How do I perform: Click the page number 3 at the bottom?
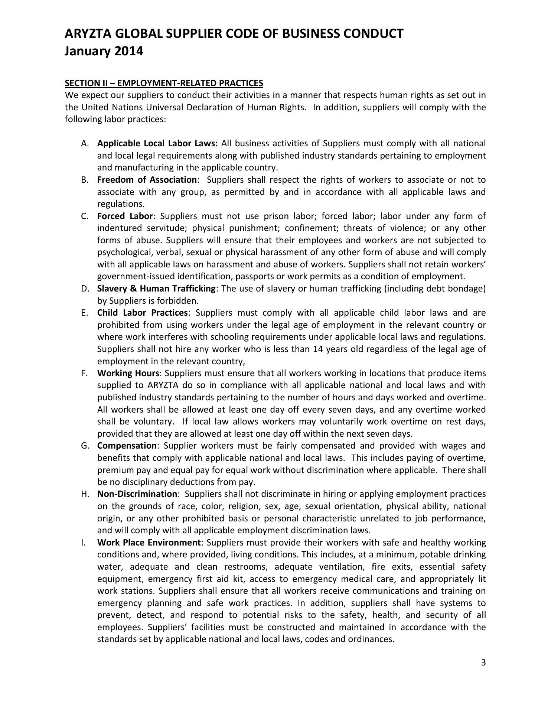pos(483,663)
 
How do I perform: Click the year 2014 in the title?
pos(128,51)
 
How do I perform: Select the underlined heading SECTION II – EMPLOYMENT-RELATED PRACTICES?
pos(164,83)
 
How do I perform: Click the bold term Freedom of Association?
pos(147,180)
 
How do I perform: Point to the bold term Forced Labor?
pos(125,216)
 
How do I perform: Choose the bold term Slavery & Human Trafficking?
pos(156,289)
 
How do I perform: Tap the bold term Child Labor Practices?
pos(142,313)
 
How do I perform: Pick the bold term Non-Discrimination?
pos(137,494)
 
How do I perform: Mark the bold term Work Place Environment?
pos(149,543)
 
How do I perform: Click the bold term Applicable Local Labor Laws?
pos(157,143)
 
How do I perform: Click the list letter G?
pos(84,446)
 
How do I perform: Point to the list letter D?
pos(84,289)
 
